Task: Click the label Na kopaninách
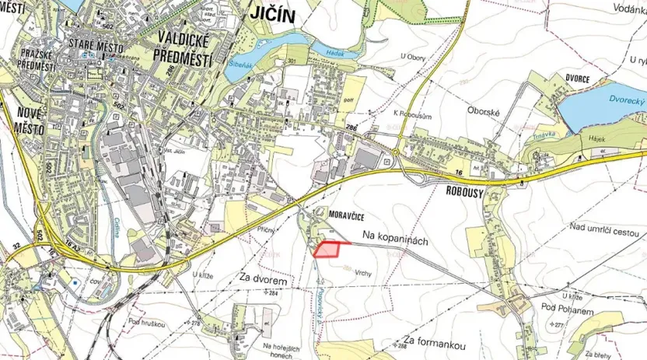[395, 242]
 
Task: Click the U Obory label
[414, 56]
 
